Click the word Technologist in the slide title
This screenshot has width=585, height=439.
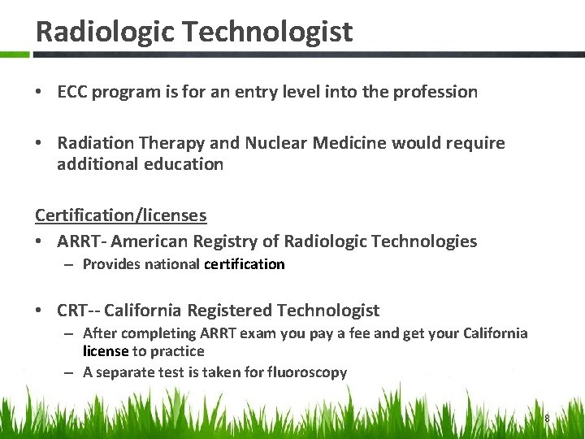coord(267,32)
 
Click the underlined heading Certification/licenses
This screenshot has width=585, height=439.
coord(120,215)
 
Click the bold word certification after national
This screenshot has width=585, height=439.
coord(245,264)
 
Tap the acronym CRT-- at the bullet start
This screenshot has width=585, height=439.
coord(78,311)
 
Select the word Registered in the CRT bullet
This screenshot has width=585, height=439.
coord(231,311)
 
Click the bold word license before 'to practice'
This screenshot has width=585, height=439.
coord(106,351)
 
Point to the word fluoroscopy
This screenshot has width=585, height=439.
coord(309,372)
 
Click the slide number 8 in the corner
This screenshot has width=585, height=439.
coord(547,418)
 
